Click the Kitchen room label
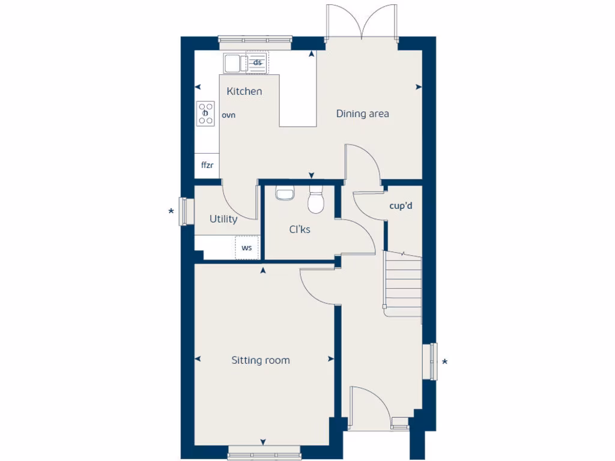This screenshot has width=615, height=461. tap(244, 91)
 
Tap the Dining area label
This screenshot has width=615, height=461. tap(362, 113)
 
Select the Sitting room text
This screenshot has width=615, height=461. tap(261, 360)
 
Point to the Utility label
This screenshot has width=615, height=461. tap(223, 219)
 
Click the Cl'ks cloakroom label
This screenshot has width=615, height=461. tap(300, 229)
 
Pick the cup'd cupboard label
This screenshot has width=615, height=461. tap(401, 206)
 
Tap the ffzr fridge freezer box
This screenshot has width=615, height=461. tap(207, 165)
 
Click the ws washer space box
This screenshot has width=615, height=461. tap(247, 247)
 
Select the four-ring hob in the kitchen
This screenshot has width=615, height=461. tap(205, 113)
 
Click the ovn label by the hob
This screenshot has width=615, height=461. tap(228, 115)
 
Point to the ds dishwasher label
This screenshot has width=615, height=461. tap(258, 62)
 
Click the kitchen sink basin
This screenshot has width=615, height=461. tap(232, 62)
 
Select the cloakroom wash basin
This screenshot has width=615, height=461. tap(284, 193)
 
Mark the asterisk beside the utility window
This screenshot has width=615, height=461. tap(171, 211)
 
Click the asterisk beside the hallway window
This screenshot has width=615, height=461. tap(444, 362)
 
